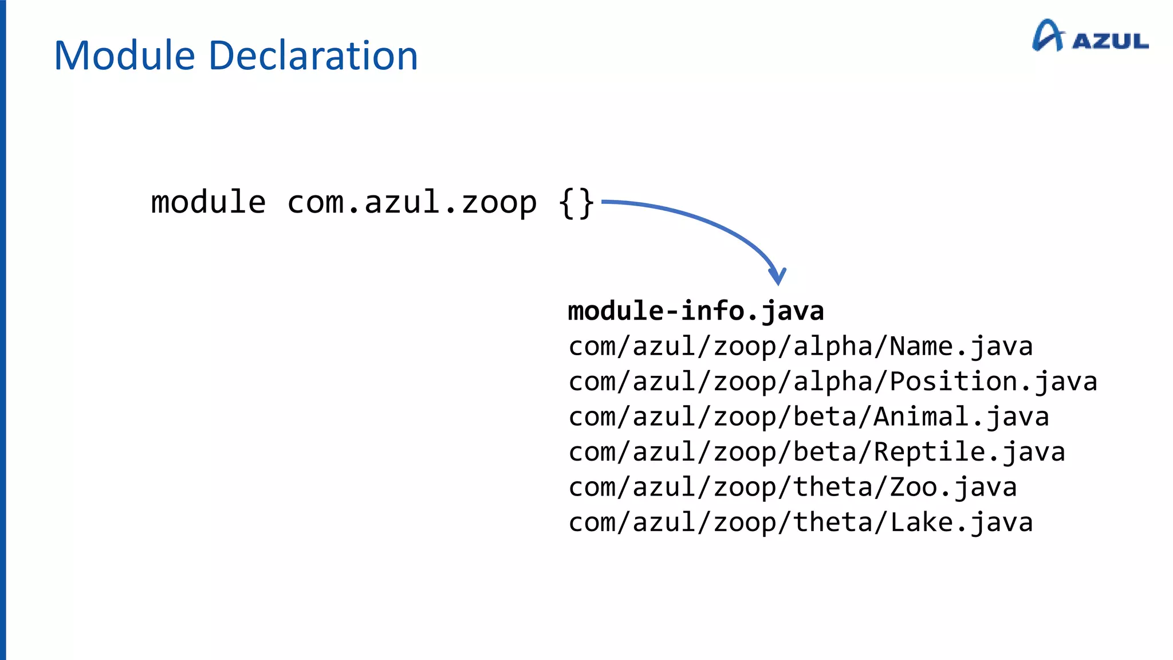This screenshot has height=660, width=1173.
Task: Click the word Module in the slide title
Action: point(124,56)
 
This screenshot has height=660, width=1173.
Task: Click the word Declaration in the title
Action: point(313,56)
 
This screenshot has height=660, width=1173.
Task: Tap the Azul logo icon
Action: point(1048,36)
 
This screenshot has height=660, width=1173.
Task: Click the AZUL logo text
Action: point(1110,41)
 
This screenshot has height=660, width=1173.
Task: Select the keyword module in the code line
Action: point(208,202)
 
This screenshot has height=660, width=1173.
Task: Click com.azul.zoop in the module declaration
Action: point(412,202)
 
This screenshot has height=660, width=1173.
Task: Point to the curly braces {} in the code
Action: point(576,203)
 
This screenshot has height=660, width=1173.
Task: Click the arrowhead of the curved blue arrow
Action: point(777,277)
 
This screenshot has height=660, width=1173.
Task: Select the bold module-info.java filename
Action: point(695,311)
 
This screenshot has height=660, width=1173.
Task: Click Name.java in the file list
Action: point(961,347)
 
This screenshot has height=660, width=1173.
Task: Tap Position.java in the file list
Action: point(993,382)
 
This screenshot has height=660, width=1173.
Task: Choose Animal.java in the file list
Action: point(961,417)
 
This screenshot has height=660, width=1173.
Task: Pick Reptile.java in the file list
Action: point(969,452)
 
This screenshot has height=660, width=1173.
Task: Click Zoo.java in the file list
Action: point(953,488)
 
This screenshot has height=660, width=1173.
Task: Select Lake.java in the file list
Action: point(961,522)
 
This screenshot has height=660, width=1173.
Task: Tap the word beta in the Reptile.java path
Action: point(825,452)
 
